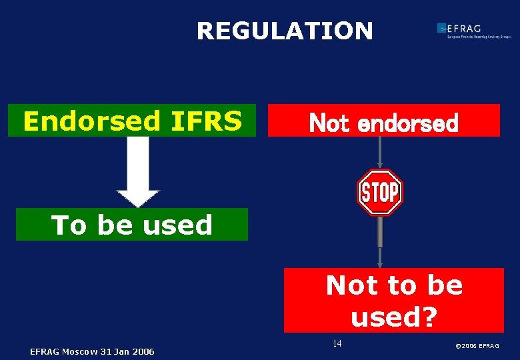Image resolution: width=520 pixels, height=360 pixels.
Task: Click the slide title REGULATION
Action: [x=285, y=31]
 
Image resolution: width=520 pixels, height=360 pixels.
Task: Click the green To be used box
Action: [x=132, y=225]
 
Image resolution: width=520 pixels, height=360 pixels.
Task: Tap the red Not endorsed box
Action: [x=383, y=121]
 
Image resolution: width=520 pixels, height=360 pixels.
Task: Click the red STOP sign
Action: [x=380, y=193]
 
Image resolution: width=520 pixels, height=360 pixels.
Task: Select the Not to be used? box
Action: [x=393, y=300]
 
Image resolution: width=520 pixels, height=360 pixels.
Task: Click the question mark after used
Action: [x=429, y=316]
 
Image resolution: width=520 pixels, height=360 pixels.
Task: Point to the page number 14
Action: [x=337, y=343]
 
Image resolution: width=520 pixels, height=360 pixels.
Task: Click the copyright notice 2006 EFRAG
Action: [x=477, y=345]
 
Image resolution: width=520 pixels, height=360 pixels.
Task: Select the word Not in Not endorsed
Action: [x=329, y=123]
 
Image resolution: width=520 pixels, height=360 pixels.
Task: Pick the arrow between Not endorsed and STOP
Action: [x=379, y=153]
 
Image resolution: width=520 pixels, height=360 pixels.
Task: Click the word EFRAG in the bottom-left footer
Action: [x=44, y=351]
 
